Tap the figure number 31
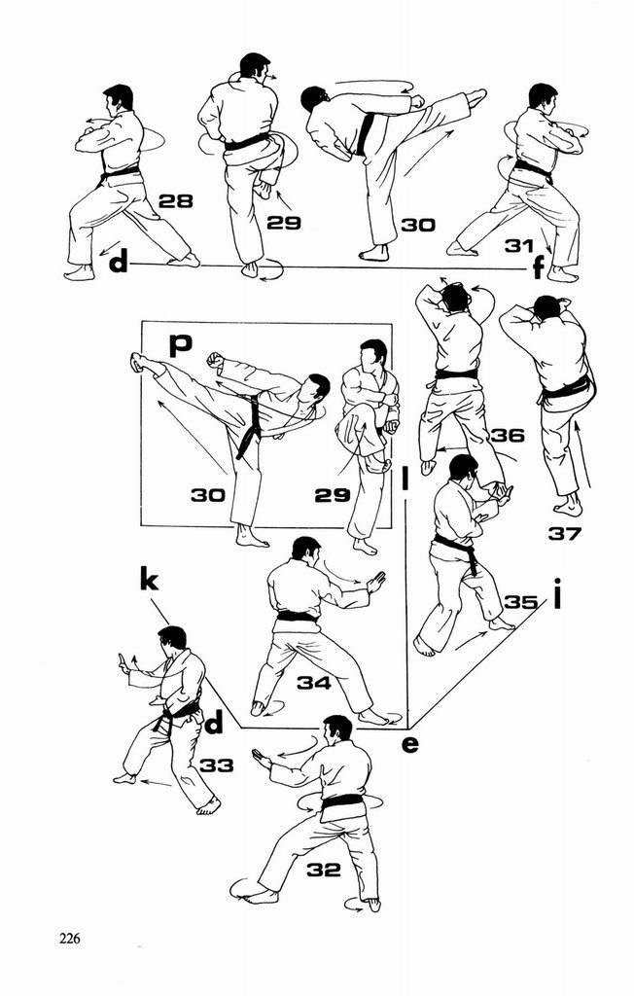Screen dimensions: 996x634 pos(519,246)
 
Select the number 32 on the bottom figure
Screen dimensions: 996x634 pos(324,870)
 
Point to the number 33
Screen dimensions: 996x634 pos(217,765)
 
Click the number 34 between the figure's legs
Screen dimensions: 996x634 pos(313,683)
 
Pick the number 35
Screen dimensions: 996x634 pos(521,602)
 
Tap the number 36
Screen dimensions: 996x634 pos(507,435)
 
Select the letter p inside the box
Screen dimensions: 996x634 pos(179,344)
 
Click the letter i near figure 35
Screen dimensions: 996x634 pos(558,592)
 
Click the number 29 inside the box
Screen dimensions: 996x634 pos(332,495)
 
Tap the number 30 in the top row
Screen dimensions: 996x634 pos(418,225)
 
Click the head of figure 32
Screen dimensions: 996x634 pos(337,728)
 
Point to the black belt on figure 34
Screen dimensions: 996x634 pos(297,617)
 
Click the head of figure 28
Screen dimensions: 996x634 pos(119,97)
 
